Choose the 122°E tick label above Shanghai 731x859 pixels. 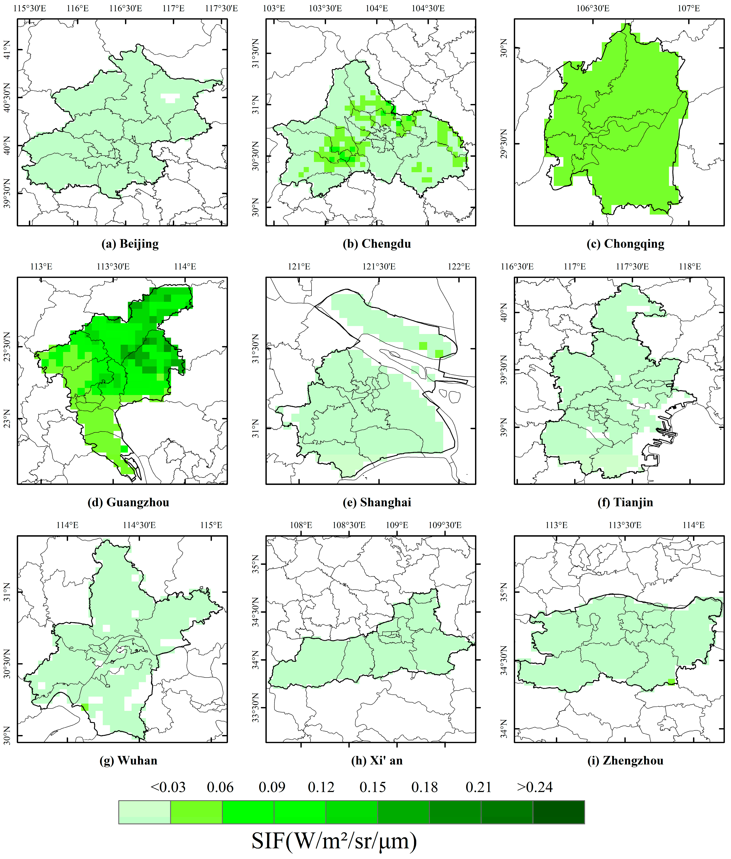(458, 267)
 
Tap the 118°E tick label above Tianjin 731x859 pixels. (690, 267)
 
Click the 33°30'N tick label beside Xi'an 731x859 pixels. (255, 708)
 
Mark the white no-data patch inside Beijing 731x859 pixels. (170, 98)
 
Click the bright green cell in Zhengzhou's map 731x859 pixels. (671, 682)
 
